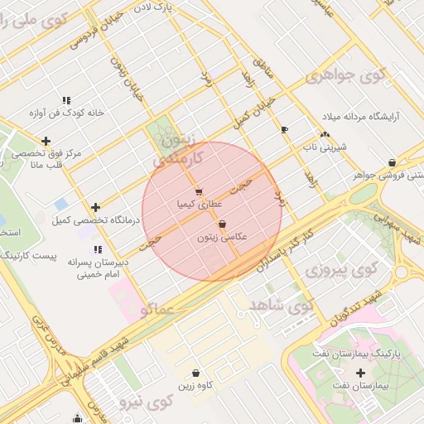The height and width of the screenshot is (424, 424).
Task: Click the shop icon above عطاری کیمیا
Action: (198, 191)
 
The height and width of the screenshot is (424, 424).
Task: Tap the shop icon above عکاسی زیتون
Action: (222, 224)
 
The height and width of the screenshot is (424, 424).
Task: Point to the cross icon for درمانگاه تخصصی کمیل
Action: (96, 207)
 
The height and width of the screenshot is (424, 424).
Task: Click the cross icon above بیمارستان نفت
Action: (360, 373)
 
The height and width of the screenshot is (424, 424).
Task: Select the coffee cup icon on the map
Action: (284, 130)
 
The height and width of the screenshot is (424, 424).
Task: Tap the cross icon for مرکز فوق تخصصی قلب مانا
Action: (46, 141)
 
